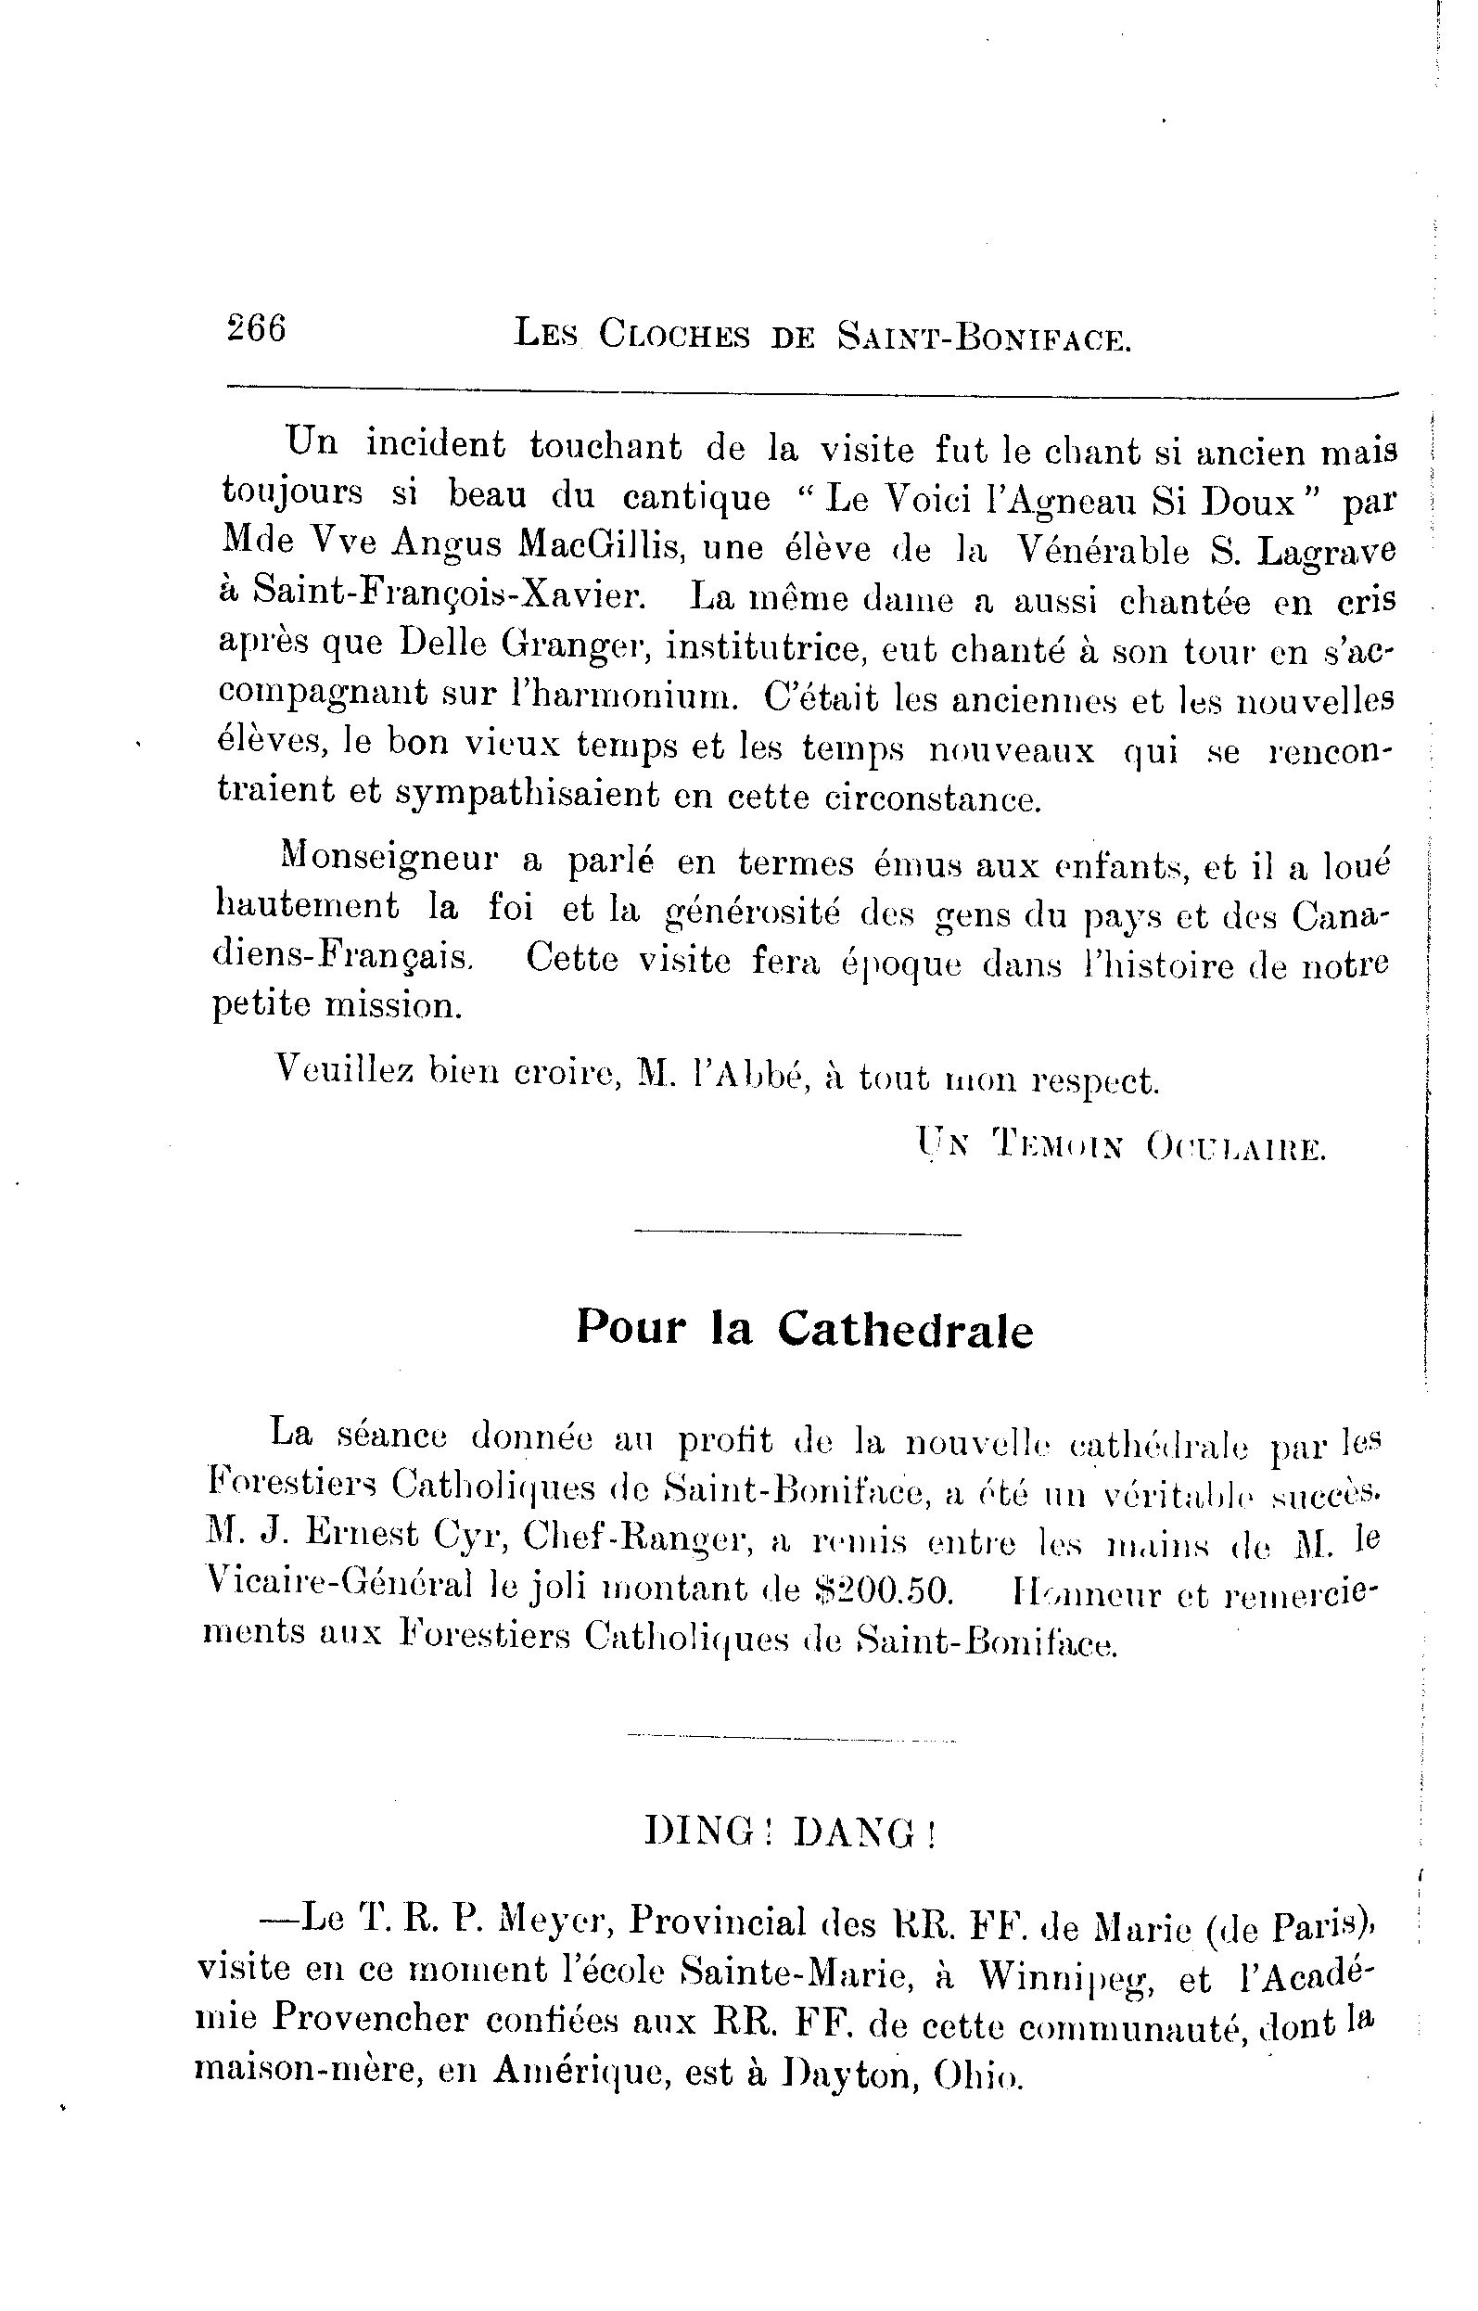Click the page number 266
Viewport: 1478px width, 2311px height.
[257, 329]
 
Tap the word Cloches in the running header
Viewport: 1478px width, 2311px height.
[675, 335]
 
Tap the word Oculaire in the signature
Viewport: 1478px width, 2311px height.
[1235, 1148]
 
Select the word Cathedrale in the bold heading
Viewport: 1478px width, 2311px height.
[905, 1330]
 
